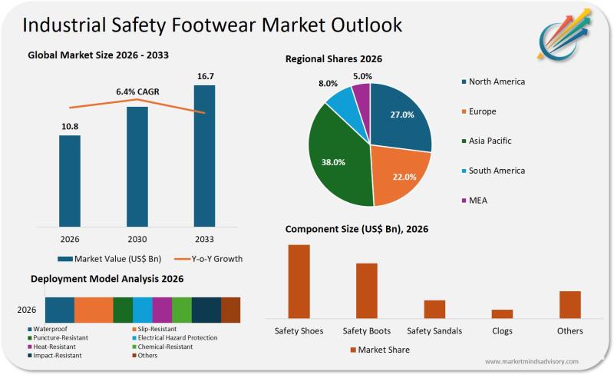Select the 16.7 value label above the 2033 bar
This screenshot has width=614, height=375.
coord(204,76)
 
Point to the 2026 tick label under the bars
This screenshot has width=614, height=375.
coord(70,239)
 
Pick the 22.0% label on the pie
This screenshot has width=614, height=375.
coord(404,177)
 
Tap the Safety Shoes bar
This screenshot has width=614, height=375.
coord(299,281)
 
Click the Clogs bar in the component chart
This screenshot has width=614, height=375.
coord(502,314)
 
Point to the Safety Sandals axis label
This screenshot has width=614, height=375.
coord(434,331)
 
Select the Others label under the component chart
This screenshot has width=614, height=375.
coord(570,331)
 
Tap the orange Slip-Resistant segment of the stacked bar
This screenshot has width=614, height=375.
coord(94,310)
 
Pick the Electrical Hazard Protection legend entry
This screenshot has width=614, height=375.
coord(177,337)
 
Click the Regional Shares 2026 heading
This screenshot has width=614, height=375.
coord(334,59)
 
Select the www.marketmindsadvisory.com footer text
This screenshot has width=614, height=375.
coord(531,361)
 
